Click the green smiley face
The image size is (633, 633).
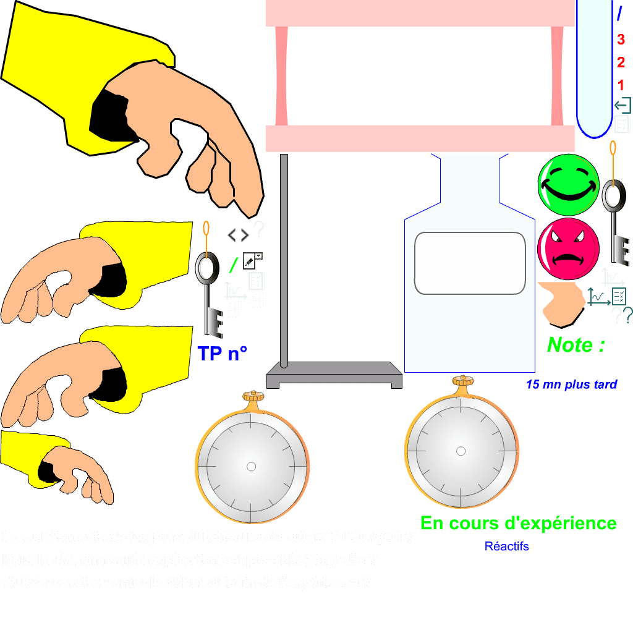pyautogui.click(x=568, y=184)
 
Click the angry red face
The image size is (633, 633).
pyautogui.click(x=568, y=249)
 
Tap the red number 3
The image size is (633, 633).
pyautogui.click(x=621, y=40)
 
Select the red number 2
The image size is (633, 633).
pyautogui.click(x=621, y=62)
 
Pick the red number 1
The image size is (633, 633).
pyautogui.click(x=621, y=85)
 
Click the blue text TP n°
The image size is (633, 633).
pyautogui.click(x=223, y=354)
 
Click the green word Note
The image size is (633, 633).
pyautogui.click(x=576, y=345)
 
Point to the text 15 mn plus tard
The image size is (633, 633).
pyautogui.click(x=571, y=385)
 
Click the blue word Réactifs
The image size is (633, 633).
pyautogui.click(x=507, y=546)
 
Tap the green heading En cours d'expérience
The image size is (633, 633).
pyautogui.click(x=518, y=524)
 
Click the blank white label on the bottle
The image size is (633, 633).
pyautogui.click(x=470, y=263)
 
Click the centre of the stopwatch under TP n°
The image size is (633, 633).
pyautogui.click(x=251, y=467)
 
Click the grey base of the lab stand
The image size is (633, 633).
pyautogui.click(x=334, y=374)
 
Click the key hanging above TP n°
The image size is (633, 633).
pyautogui.click(x=209, y=284)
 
